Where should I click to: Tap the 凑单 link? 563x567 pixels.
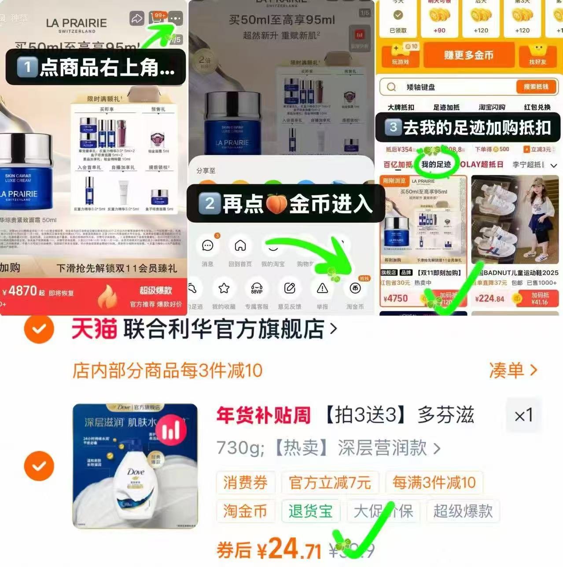click(x=513, y=371)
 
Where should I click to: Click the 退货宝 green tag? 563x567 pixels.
click(x=310, y=511)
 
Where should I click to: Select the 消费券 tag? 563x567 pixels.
click(x=245, y=483)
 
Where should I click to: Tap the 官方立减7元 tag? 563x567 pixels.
click(x=330, y=483)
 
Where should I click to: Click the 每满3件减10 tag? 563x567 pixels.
click(x=434, y=483)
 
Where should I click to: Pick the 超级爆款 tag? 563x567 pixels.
click(x=463, y=511)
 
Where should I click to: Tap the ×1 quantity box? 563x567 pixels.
click(x=523, y=415)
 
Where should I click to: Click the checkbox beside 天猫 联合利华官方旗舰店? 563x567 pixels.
click(x=39, y=329)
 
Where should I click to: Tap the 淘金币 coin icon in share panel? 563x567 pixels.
click(x=355, y=288)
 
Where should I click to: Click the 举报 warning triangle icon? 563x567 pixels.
click(x=322, y=288)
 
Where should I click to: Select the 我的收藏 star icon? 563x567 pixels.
click(x=224, y=288)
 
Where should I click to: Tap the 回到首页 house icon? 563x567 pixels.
click(x=240, y=246)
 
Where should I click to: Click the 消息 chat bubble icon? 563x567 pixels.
click(x=207, y=246)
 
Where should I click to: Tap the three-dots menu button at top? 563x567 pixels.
click(x=175, y=18)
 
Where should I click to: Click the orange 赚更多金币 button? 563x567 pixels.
click(x=468, y=55)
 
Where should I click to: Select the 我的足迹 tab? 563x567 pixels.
click(x=436, y=164)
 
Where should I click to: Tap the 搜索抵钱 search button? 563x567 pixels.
click(x=536, y=87)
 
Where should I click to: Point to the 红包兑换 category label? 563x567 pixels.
click(x=537, y=107)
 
